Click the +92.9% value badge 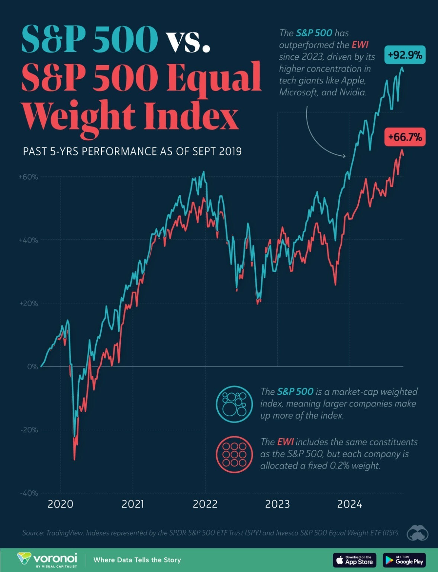point(405,55)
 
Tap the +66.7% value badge point(405,137)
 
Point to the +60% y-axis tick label point(28,177)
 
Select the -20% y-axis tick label point(29,430)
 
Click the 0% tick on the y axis point(32,366)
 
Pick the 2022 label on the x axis point(205,504)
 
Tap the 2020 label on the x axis point(61,504)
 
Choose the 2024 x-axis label point(350,504)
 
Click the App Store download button point(354,560)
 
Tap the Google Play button point(404,560)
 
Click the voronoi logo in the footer point(47,560)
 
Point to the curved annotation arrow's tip point(345,156)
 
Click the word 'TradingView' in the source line point(64,533)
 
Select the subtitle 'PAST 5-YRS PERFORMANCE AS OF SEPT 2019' point(132,151)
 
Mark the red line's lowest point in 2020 point(74,460)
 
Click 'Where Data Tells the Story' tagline point(137,560)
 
